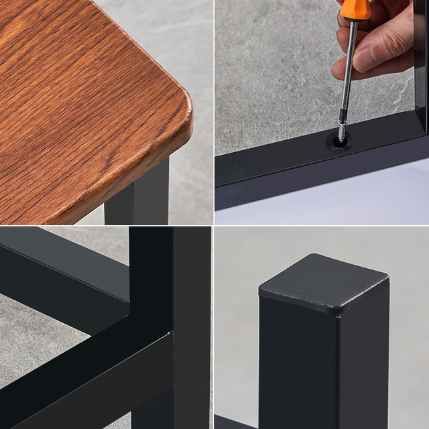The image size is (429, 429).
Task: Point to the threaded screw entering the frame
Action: point(343,129)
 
